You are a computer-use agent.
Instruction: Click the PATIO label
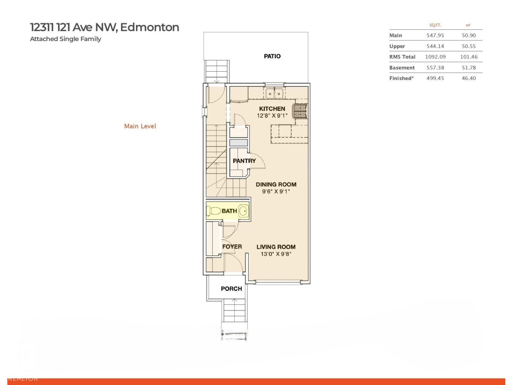pyautogui.click(x=272, y=56)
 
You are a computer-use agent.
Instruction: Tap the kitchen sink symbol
pyautogui.click(x=274, y=94)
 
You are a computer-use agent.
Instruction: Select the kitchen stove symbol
pyautogui.click(x=300, y=111)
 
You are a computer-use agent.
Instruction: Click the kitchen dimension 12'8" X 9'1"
pyautogui.click(x=272, y=116)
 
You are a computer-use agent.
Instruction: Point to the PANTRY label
pyautogui.click(x=244, y=161)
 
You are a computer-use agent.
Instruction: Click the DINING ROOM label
pyautogui.click(x=276, y=184)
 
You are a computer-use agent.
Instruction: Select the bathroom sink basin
pyautogui.click(x=244, y=211)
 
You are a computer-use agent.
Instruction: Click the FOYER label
pyautogui.click(x=232, y=247)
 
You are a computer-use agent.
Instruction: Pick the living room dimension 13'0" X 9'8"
pyautogui.click(x=276, y=254)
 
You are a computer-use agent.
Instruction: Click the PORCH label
pyautogui.click(x=231, y=289)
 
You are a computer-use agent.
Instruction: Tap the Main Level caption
pyautogui.click(x=140, y=126)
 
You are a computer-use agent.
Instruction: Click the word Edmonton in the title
pyautogui.click(x=149, y=27)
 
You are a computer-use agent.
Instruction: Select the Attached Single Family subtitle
pyautogui.click(x=65, y=39)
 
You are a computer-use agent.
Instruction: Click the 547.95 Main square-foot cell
pyautogui.click(x=435, y=35)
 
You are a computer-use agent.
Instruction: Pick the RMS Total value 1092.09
pyautogui.click(x=435, y=57)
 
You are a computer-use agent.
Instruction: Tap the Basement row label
pyautogui.click(x=402, y=68)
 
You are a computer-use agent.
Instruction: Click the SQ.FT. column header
pyautogui.click(x=435, y=25)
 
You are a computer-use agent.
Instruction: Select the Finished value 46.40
pyautogui.click(x=468, y=78)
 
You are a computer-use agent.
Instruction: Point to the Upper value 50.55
pyautogui.click(x=468, y=46)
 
